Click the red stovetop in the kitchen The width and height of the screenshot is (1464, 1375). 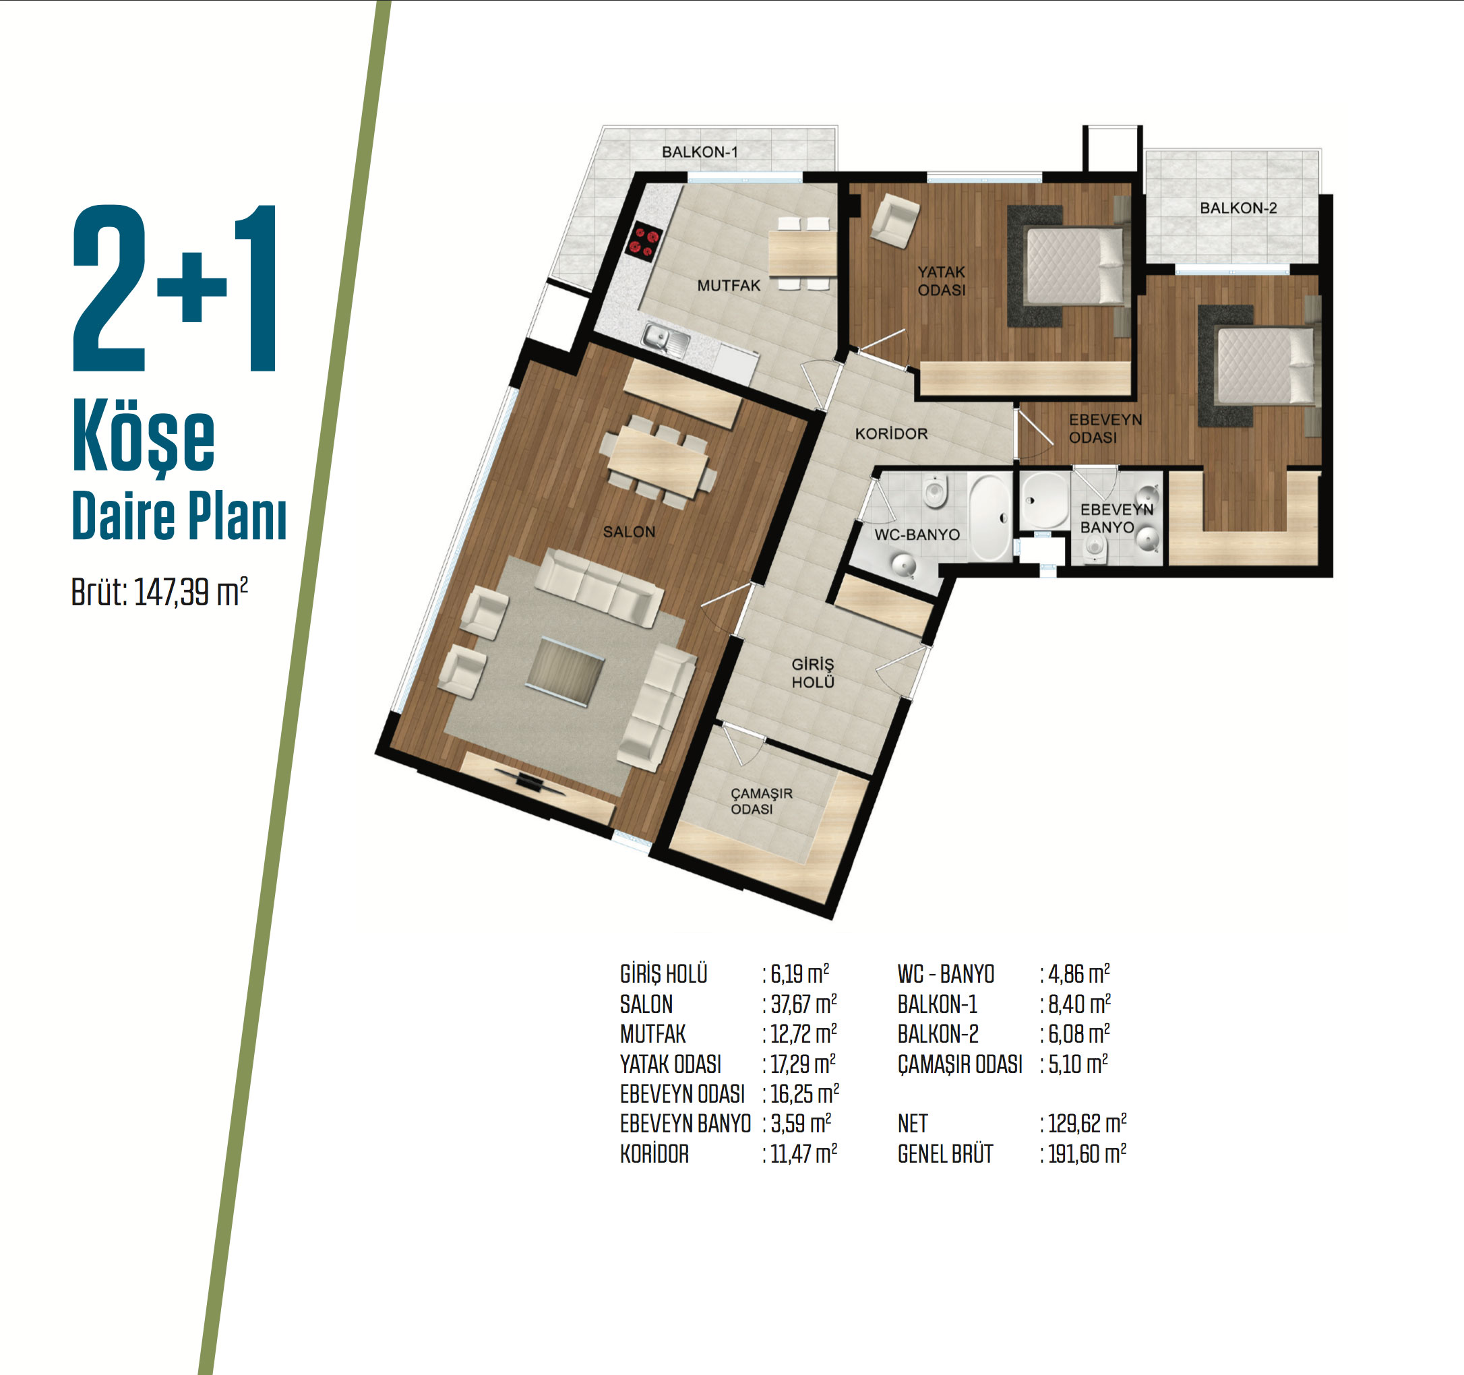pyautogui.click(x=644, y=242)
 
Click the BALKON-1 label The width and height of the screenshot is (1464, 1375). pyautogui.click(x=700, y=152)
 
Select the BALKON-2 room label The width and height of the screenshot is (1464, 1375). pyautogui.click(x=1239, y=208)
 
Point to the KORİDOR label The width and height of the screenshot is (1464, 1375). pyautogui.click(x=891, y=434)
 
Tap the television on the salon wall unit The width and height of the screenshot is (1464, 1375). pyautogui.click(x=530, y=781)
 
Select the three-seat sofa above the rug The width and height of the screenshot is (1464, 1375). pyautogui.click(x=598, y=587)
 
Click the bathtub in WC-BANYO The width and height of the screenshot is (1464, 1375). pyautogui.click(x=989, y=518)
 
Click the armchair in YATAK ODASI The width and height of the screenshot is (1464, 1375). pyautogui.click(x=894, y=220)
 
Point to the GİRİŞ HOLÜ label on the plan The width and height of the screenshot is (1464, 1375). pyautogui.click(x=813, y=673)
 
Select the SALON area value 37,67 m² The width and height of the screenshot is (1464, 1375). pyautogui.click(x=803, y=1004)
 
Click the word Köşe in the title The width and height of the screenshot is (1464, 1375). pyautogui.click(x=144, y=437)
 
